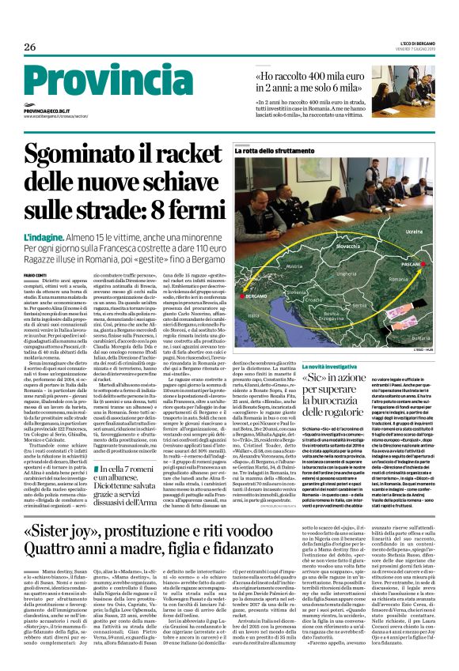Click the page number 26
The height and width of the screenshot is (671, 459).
(x=29, y=47)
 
